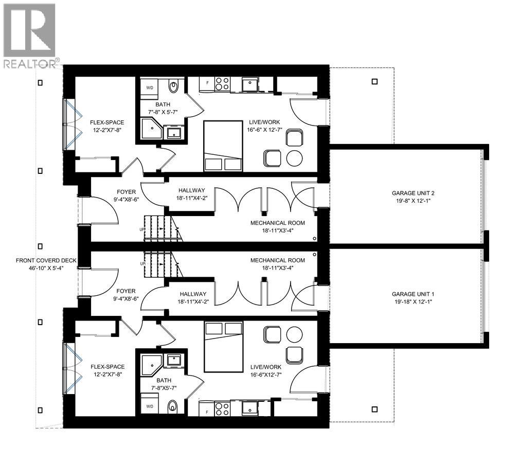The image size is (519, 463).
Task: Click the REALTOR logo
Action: point(29,36)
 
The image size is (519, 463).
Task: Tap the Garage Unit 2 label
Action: point(409,198)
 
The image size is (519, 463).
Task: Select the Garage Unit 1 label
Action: point(409,298)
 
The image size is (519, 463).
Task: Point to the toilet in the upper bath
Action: point(173,86)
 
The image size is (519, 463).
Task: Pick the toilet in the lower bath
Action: point(173,405)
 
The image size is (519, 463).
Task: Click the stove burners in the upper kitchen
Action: point(222,83)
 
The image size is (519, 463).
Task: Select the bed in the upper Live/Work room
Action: point(223,146)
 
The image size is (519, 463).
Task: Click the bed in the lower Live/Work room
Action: point(223,346)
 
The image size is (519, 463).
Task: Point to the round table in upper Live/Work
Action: point(294,158)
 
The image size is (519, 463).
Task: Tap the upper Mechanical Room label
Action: point(278,227)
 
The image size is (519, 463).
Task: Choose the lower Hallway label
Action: point(193,298)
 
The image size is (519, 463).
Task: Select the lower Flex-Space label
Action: point(108,370)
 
